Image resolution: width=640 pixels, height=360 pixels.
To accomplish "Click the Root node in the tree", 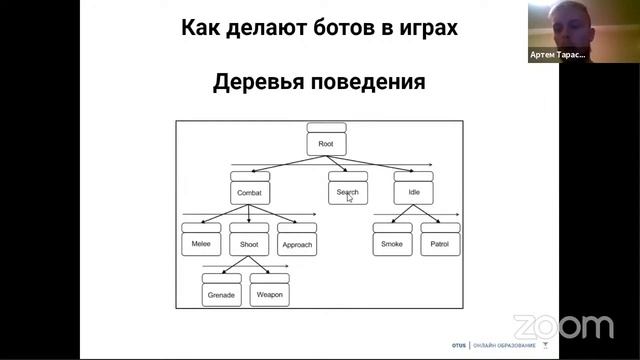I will (326, 144).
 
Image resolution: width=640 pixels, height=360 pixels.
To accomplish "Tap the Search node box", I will (347, 192).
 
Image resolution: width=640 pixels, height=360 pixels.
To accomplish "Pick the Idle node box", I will (414, 192).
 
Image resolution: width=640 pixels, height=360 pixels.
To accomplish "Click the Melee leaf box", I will (201, 244).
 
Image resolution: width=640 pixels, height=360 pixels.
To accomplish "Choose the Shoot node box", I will (248, 244).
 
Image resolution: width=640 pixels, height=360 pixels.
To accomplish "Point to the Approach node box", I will (297, 244).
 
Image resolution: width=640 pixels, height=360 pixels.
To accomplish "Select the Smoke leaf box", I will (392, 244).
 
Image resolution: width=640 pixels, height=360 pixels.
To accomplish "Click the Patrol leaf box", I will (440, 244).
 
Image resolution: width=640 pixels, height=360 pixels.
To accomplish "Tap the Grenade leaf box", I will (221, 296).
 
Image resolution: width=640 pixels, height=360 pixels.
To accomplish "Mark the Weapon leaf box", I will (269, 296).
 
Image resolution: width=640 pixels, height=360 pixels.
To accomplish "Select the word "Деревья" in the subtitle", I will (259, 83).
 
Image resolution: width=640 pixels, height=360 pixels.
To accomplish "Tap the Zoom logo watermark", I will (564, 326).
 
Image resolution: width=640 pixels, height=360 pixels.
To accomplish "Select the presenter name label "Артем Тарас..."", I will (557, 56).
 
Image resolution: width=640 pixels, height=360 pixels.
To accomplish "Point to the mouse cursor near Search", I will (349, 197).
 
